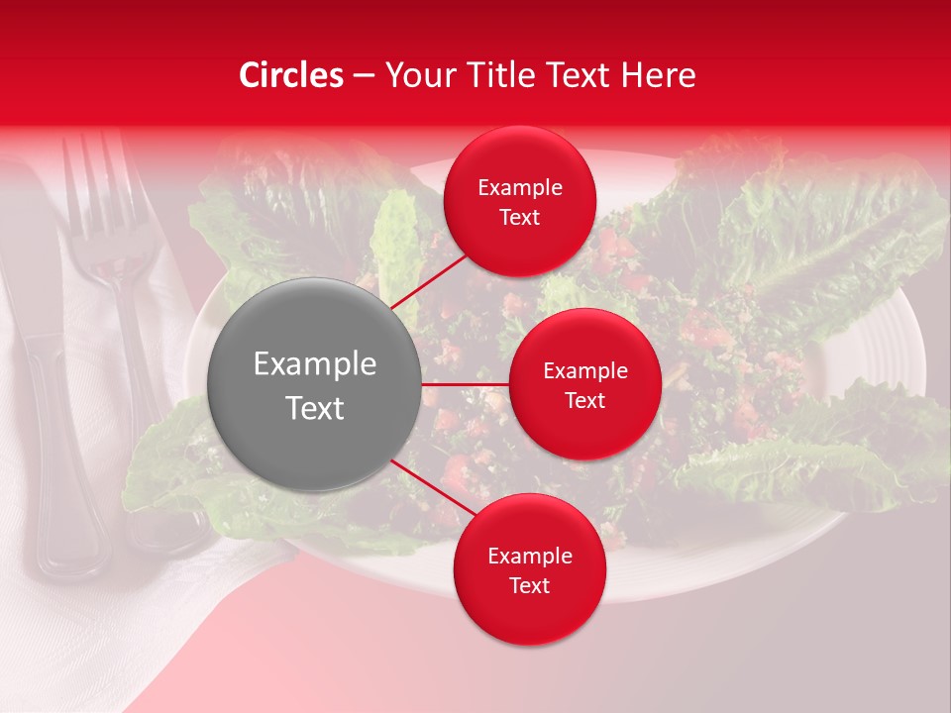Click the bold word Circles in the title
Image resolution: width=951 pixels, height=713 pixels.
(291, 75)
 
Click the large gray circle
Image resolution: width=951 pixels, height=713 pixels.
(314, 384)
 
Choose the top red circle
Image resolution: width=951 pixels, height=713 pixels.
(519, 201)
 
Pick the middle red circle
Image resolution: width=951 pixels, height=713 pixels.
(584, 384)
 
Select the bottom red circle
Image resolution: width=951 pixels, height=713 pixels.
(529, 569)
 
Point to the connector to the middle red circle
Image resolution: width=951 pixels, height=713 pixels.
(465, 383)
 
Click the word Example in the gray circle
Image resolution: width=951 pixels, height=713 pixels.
(314, 363)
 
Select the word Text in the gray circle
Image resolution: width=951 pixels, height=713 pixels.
(314, 408)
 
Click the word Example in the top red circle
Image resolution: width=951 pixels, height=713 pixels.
(519, 187)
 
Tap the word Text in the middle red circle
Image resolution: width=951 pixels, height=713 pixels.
(584, 400)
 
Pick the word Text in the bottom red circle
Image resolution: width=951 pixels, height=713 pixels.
(529, 585)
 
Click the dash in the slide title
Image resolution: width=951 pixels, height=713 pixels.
(364, 75)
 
